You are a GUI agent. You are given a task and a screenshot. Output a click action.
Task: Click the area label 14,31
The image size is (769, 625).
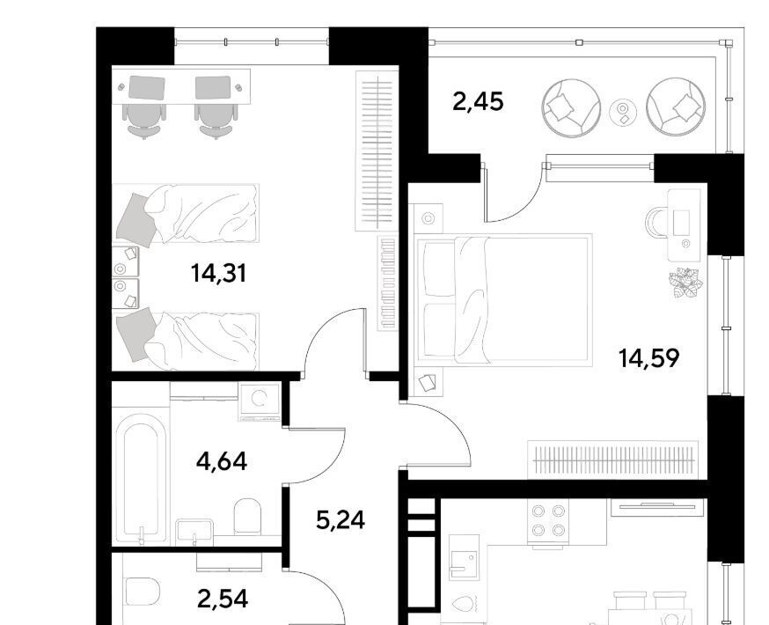coord(218,273)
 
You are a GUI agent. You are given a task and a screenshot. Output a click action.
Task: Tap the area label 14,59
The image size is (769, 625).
coord(648,358)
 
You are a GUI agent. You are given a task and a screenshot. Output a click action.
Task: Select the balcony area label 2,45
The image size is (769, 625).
coord(478,102)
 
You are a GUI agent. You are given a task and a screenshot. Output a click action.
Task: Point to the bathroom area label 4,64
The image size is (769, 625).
coord(221,461)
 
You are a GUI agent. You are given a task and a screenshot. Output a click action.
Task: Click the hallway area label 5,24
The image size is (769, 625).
coord(341,520)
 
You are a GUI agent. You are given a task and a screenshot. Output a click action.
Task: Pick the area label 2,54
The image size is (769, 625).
coord(223,599)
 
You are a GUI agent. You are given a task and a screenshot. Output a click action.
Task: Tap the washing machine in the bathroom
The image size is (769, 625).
coord(260,401)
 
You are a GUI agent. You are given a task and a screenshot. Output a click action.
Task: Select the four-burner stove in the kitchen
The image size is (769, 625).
coord(548,521)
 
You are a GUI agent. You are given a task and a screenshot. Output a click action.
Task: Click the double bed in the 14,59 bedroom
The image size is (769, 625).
coord(503,298)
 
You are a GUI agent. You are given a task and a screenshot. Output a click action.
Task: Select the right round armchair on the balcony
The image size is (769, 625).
coord(677,107)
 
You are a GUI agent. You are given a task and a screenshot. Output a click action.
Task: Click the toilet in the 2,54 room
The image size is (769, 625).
coord(143,592)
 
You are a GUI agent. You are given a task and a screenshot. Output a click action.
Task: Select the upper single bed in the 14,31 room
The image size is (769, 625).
coord(186,213)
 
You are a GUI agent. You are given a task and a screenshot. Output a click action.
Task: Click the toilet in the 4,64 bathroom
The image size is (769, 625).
coord(246,516)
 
